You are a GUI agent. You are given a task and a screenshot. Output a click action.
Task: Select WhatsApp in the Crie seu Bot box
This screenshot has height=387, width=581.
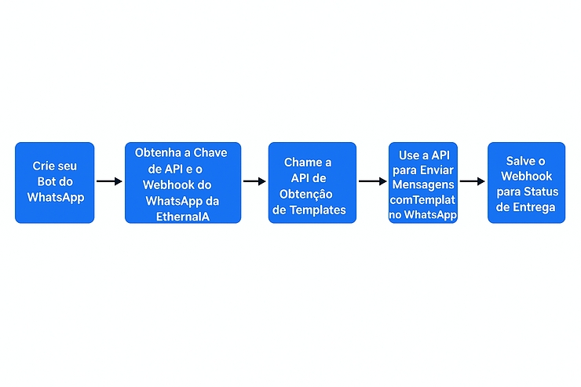tap(55, 197)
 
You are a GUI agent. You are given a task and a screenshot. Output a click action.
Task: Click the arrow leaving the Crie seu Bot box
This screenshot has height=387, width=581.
tap(109, 181)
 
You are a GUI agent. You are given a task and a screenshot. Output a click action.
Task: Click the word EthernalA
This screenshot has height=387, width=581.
tap(183, 216)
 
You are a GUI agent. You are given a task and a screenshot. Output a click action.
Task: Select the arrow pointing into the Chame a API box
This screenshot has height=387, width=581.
tap(254, 181)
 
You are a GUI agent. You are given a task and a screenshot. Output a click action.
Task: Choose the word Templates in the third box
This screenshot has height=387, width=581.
tap(320, 210)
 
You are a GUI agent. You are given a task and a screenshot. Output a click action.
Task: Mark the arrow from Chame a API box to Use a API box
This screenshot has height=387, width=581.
tap(372, 181)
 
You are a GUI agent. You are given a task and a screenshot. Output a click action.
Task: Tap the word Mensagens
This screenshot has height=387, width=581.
tap(423, 185)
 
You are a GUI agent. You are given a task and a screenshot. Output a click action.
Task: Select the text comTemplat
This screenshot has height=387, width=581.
tap(423, 200)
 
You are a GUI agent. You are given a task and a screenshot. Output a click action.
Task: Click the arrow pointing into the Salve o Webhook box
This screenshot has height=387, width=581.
tap(472, 181)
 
